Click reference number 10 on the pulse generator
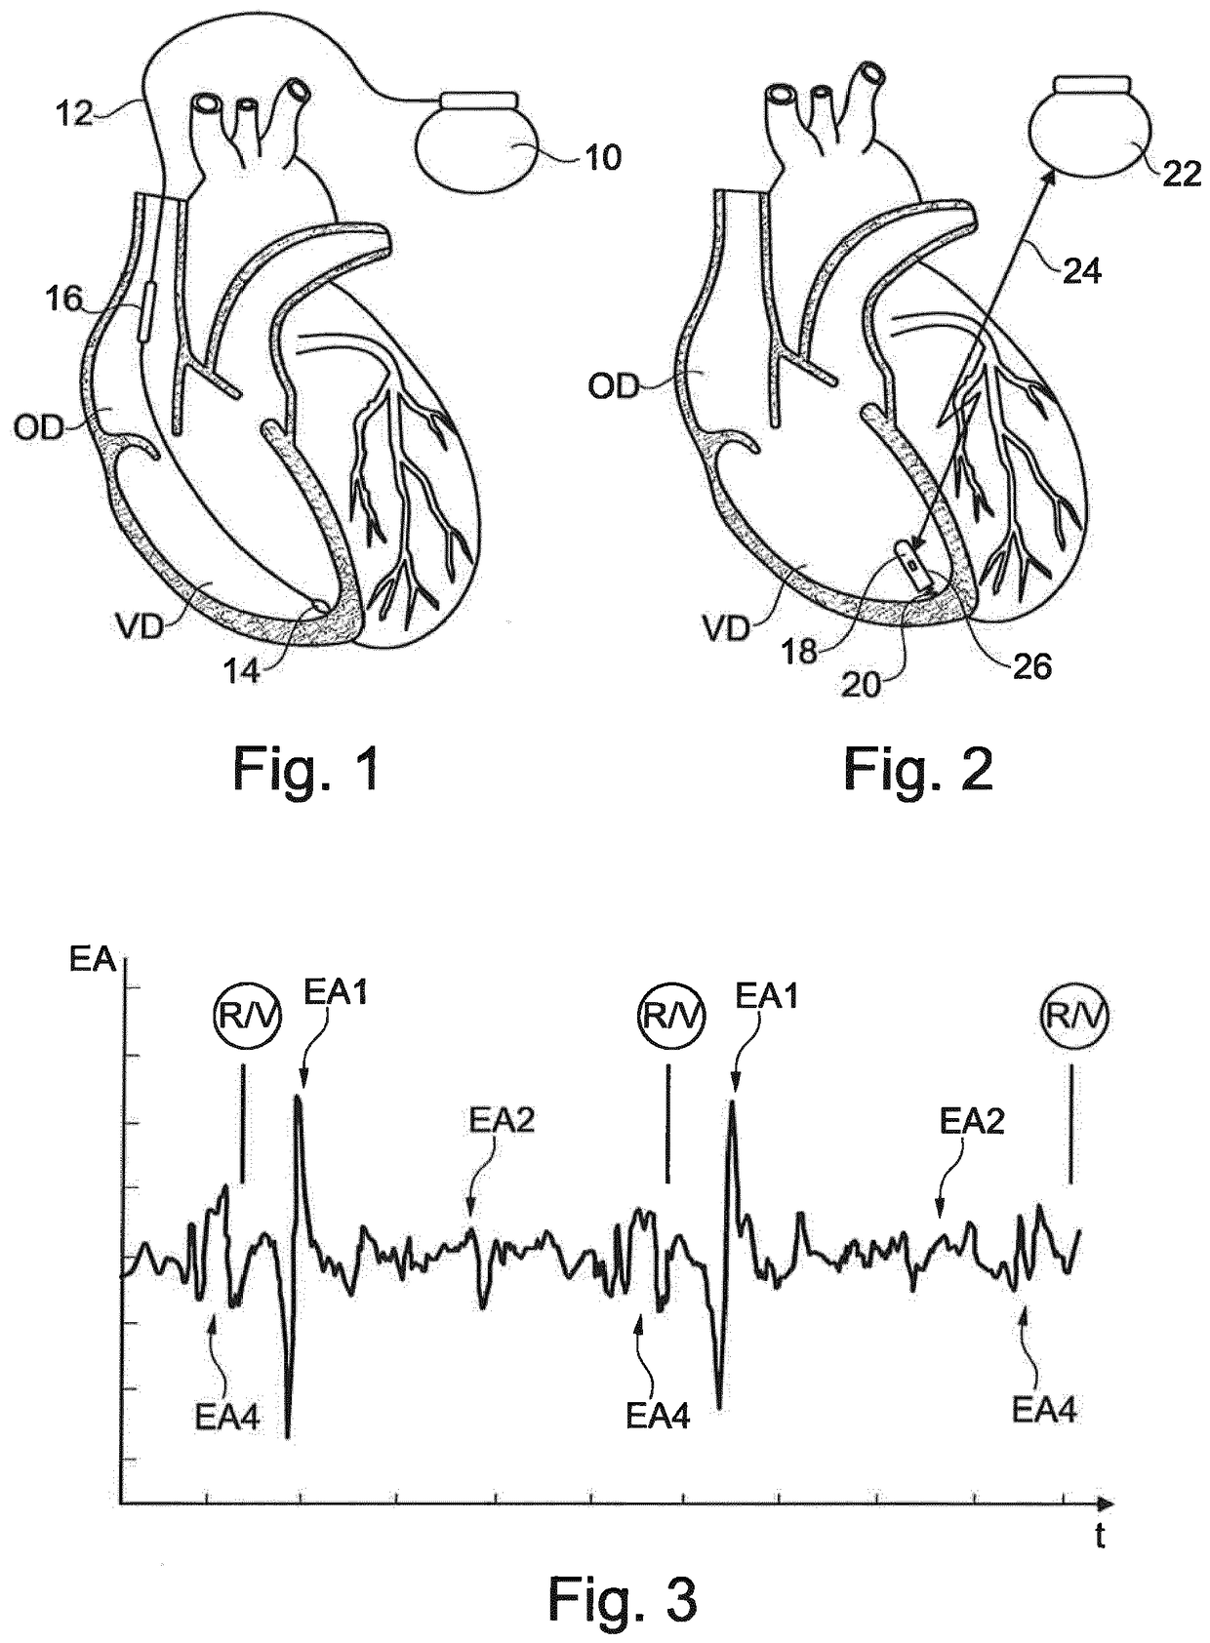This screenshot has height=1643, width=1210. coord(604,157)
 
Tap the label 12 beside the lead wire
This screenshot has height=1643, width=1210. coord(74,113)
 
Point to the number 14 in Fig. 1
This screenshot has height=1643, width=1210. coord(242,671)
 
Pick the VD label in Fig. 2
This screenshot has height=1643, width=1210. coord(726,628)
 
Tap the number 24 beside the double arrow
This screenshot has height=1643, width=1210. coord(1080,270)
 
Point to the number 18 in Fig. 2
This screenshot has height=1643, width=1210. coord(799,651)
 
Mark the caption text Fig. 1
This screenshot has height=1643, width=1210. coord(305,769)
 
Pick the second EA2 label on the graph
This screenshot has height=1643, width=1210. coord(971,1122)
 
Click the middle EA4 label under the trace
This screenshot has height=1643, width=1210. coord(657,1415)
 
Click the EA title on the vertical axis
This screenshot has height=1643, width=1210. coord(93,960)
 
